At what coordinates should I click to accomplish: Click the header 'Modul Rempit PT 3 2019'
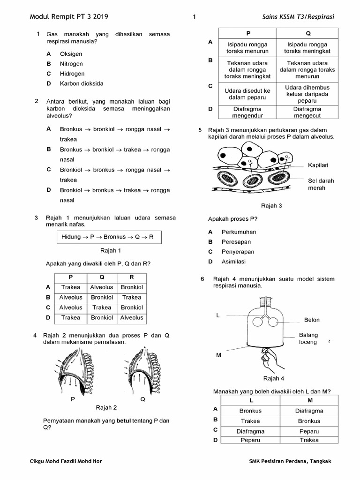point(69,16)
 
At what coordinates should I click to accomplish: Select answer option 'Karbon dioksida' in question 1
point(82,83)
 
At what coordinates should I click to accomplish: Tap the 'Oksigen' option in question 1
point(71,54)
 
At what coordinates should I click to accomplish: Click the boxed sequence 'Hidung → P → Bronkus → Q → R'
point(108,237)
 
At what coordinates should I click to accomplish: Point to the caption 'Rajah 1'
point(111,250)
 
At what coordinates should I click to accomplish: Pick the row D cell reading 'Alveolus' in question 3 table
point(132,318)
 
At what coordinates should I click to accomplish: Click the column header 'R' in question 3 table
point(132,277)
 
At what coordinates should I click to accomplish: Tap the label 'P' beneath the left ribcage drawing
point(73,399)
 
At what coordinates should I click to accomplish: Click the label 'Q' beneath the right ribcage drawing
point(142,399)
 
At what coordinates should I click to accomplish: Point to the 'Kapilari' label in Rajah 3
point(318,165)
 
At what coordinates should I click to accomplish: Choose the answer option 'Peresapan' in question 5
point(236,242)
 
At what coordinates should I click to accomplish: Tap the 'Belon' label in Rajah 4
point(312,320)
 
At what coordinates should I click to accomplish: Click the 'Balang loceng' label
point(308,338)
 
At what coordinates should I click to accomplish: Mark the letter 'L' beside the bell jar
point(218,315)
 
